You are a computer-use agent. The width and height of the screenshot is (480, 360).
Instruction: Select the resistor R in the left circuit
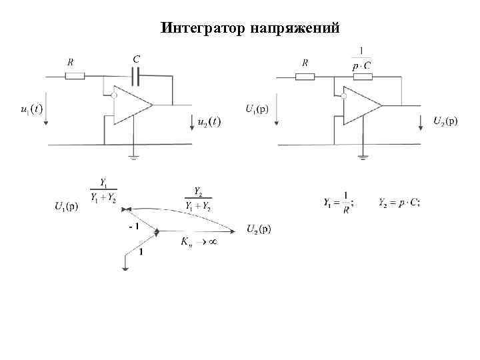click(x=75, y=76)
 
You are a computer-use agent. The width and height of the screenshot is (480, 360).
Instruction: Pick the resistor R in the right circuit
click(x=305, y=76)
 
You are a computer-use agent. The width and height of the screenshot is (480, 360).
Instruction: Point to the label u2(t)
click(x=208, y=122)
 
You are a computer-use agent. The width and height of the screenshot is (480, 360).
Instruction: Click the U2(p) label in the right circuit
click(x=445, y=121)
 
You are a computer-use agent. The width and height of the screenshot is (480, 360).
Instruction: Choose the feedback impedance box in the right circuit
click(x=362, y=76)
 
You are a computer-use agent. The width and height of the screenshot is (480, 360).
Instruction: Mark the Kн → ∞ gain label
click(x=198, y=242)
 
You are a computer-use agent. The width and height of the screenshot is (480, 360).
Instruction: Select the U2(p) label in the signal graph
click(x=259, y=229)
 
